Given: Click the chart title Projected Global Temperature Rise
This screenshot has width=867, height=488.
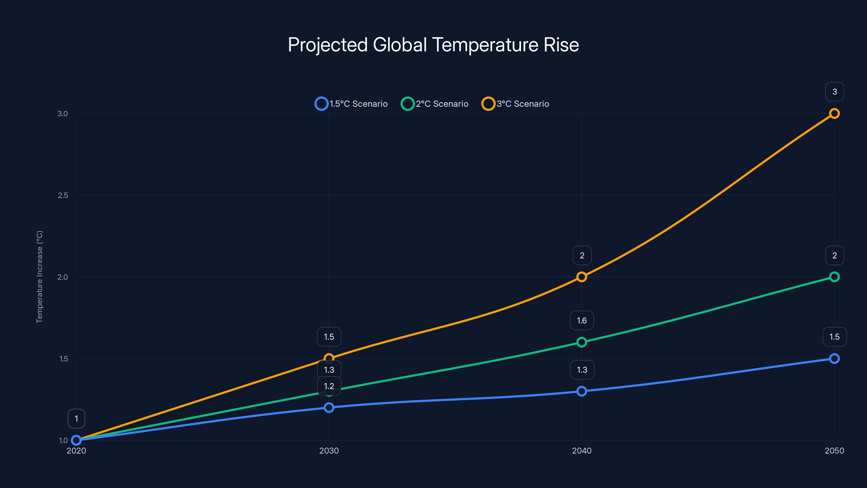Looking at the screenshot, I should tap(433, 45).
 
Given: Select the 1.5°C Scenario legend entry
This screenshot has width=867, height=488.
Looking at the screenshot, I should tap(351, 104).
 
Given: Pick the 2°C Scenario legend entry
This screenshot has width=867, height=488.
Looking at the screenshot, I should tap(435, 104).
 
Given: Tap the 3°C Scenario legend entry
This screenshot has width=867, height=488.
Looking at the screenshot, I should tap(516, 104).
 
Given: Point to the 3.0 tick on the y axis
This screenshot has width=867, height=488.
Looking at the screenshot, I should tap(63, 114).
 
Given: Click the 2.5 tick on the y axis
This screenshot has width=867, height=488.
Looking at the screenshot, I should tap(63, 195).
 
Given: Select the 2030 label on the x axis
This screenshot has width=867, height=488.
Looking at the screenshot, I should tap(329, 451).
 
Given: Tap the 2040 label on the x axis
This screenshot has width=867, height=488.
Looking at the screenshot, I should tap(582, 451).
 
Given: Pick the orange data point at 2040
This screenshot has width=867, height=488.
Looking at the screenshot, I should tap(582, 277).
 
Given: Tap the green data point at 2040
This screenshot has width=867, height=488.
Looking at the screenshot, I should tap(582, 342).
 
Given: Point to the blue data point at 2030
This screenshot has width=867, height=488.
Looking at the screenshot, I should tap(329, 407).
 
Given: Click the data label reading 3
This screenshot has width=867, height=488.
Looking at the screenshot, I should tap(834, 92).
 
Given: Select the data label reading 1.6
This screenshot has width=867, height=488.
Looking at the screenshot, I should tap(582, 321).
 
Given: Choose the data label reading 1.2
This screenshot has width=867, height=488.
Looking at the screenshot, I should tap(329, 386).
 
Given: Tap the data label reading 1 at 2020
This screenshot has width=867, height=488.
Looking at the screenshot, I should tap(76, 419).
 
